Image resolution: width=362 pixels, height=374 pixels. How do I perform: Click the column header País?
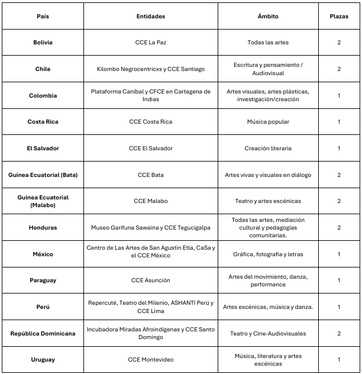43,17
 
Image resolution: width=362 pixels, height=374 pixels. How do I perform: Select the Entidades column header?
151,17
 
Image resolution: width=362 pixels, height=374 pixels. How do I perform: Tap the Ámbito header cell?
268,17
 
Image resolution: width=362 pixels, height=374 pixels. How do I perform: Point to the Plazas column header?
339,17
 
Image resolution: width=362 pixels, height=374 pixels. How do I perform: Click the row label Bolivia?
43,43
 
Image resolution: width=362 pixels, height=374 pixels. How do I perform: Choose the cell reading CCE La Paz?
151,43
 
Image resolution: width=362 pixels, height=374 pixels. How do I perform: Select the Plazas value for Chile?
339,69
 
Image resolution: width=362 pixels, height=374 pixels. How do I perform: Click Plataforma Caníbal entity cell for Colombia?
151,95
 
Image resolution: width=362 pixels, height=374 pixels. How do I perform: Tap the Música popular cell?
268,122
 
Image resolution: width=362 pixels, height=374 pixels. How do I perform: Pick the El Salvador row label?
43,148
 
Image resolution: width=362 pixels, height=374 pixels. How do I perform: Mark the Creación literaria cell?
268,148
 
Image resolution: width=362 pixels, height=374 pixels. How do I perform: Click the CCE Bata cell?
151,175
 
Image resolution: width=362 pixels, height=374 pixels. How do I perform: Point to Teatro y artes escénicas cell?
268,201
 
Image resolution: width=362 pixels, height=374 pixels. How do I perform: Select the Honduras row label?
43,227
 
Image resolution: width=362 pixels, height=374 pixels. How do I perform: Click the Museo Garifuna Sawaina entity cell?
151,227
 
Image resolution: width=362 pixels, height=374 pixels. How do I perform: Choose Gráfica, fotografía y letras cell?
268,254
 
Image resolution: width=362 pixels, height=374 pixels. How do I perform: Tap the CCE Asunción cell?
151,280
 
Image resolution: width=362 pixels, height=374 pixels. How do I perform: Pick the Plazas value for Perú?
339,307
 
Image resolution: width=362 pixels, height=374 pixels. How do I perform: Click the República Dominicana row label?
43,333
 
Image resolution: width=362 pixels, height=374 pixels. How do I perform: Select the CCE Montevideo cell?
151,359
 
